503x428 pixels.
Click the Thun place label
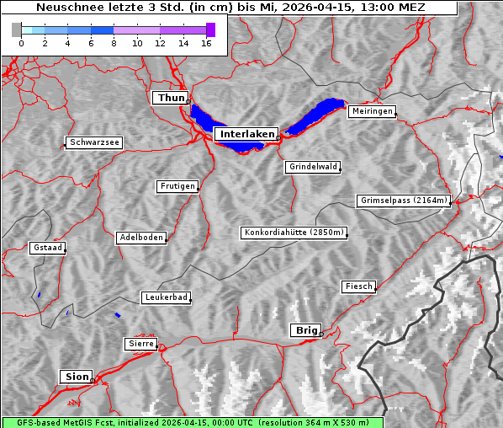click(170, 99)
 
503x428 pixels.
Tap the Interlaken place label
click(246, 134)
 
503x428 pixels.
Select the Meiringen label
click(371, 111)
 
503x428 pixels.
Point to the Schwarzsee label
click(94, 142)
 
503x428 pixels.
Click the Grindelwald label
click(313, 167)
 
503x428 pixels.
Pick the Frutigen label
click(177, 186)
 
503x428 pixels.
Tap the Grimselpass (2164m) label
click(404, 201)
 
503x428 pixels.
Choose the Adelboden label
click(140, 238)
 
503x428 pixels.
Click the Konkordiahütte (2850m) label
click(294, 233)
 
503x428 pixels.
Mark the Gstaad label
click(47, 248)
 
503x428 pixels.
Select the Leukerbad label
click(166, 297)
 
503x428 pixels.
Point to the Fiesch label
click(358, 286)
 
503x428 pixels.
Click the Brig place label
click(304, 330)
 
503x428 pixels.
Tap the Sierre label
click(140, 344)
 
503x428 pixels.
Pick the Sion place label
click(75, 376)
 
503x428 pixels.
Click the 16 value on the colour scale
click(207, 43)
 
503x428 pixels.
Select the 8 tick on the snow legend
click(114, 43)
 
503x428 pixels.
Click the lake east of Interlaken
click(315, 116)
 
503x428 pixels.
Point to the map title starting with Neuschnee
click(230, 8)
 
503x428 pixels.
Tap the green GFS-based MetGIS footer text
click(192, 422)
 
